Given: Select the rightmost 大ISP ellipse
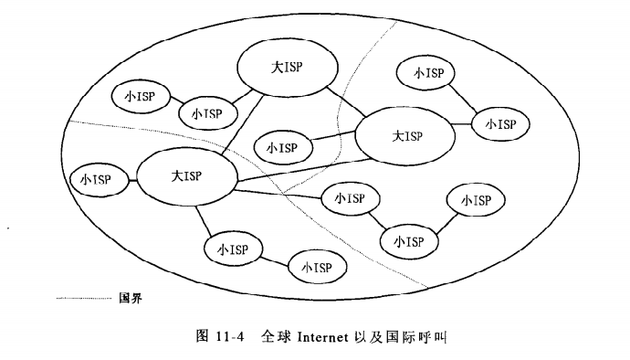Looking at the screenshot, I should point(404,136).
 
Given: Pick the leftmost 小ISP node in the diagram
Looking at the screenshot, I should point(96,180).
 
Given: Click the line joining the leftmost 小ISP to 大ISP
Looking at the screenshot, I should point(130,179).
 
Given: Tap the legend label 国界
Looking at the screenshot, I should point(130,298).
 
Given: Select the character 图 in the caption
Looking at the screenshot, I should point(203,337).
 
